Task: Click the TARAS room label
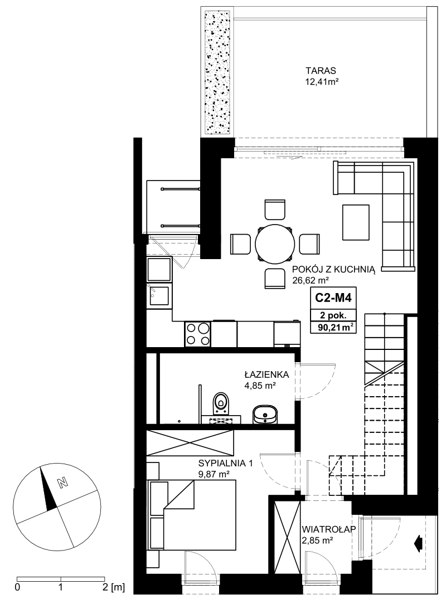click(x=321, y=71)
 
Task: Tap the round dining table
click(x=275, y=244)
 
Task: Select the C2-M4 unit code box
click(x=333, y=298)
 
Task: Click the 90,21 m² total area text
click(x=333, y=328)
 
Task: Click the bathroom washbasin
click(x=265, y=413)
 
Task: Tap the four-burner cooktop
click(x=198, y=334)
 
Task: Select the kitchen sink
click(x=159, y=296)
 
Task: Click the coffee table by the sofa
click(x=356, y=222)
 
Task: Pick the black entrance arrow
click(x=418, y=543)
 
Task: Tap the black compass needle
click(x=48, y=489)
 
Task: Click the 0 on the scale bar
click(x=17, y=587)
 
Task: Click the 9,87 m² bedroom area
click(x=214, y=474)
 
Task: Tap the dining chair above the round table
click(x=275, y=210)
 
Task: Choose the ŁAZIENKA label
click(x=266, y=374)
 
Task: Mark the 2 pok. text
click(x=333, y=315)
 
